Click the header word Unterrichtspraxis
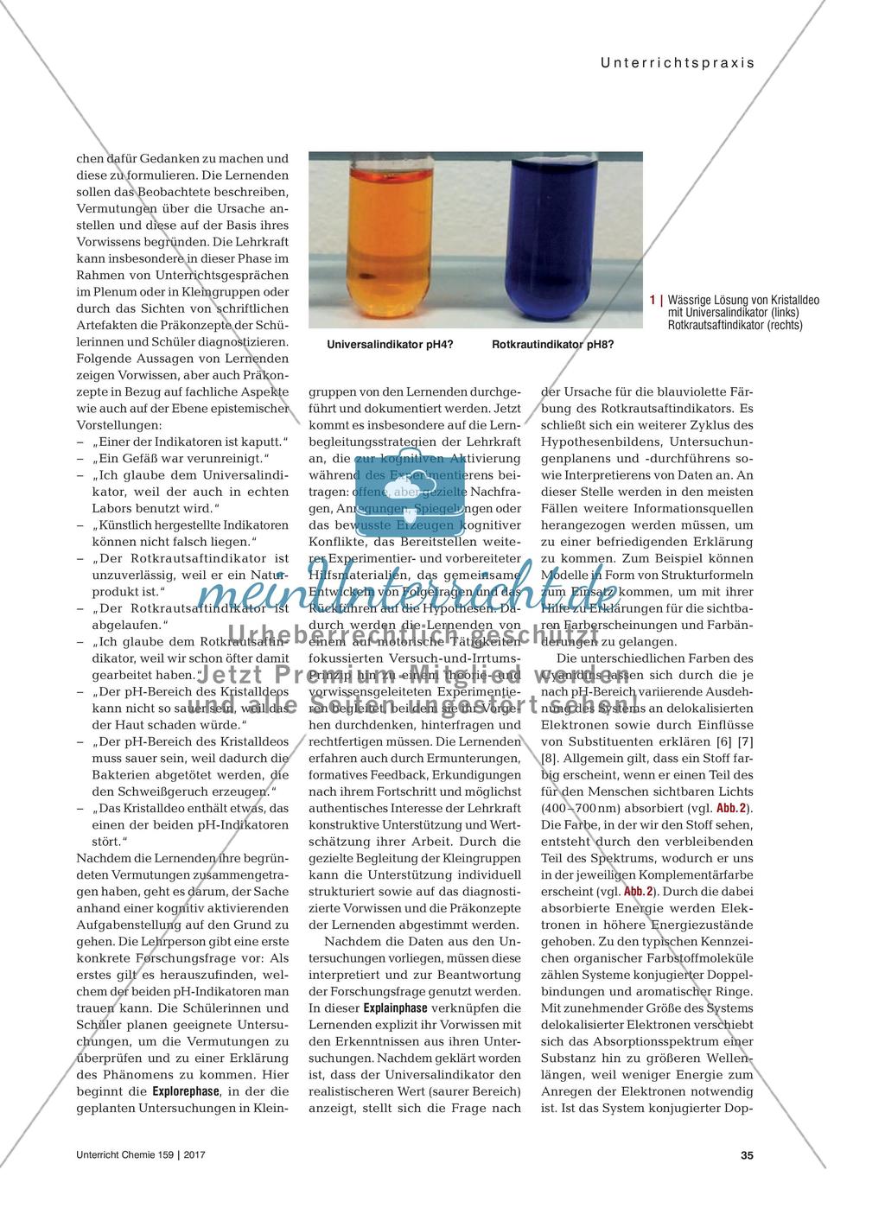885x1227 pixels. [x=671, y=62]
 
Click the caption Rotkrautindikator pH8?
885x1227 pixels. [x=553, y=345]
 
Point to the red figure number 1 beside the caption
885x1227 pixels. [x=653, y=300]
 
